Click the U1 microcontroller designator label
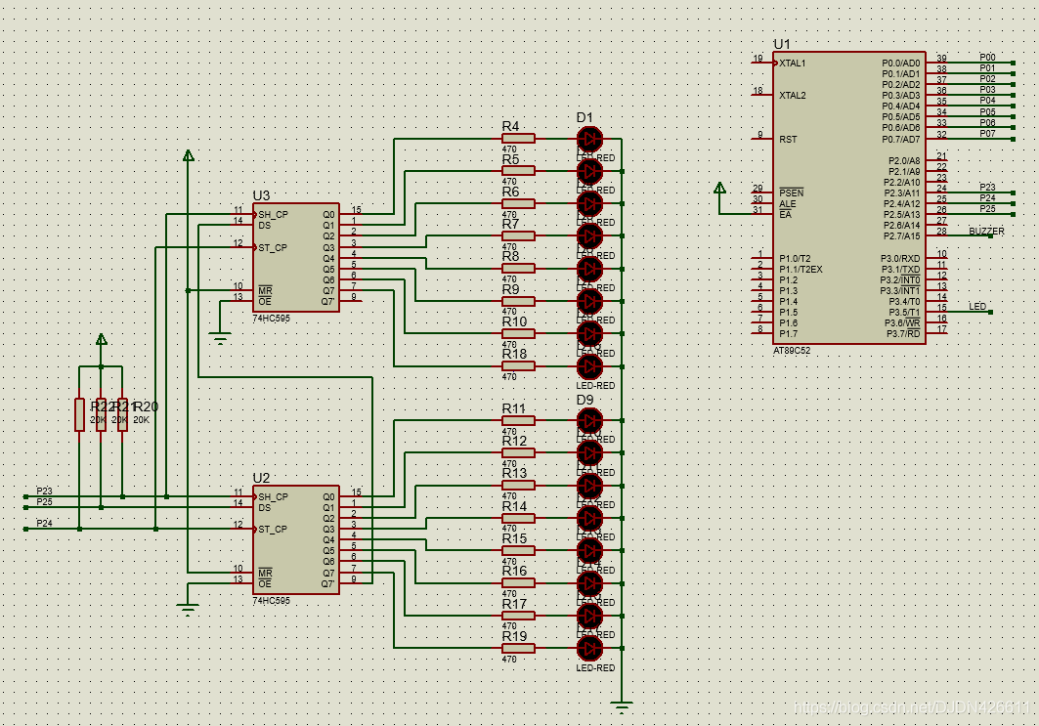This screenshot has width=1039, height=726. [x=781, y=44]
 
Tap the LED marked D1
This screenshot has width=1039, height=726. [x=589, y=139]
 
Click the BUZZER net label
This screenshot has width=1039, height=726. [x=985, y=231]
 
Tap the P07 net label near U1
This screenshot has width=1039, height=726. [x=988, y=133]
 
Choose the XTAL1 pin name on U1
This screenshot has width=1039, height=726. [x=793, y=63]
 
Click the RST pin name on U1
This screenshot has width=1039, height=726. [x=788, y=139]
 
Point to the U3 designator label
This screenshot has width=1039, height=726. [x=261, y=195]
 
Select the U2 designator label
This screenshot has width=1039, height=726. [x=261, y=478]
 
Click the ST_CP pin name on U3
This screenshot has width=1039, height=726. [x=274, y=247]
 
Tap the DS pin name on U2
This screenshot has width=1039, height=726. [x=264, y=507]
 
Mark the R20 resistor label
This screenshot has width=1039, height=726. [x=145, y=406]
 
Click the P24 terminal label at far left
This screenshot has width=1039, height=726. [x=44, y=523]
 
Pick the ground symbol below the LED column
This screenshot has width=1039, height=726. [x=621, y=704]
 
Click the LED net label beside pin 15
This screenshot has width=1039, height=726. [x=977, y=306]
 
